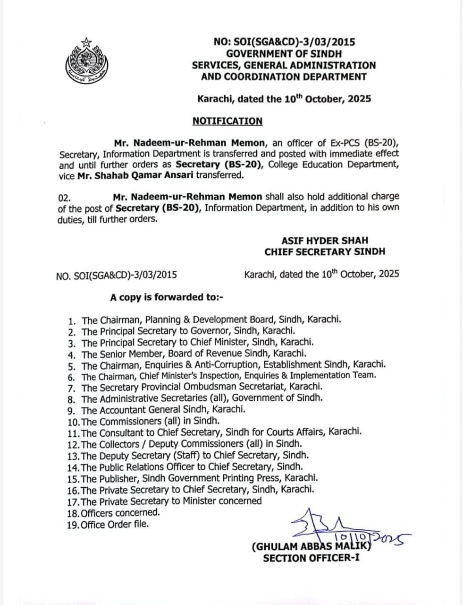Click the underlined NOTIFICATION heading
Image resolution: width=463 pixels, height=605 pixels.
[227, 121]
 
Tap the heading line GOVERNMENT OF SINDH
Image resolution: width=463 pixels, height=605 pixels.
[284, 54]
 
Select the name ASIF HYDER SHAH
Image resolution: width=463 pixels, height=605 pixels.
[325, 241]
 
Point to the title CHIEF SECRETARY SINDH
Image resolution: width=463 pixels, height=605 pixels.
[325, 251]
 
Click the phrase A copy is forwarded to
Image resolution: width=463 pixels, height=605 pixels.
[166, 297]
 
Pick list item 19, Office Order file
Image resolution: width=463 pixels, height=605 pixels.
[108, 524]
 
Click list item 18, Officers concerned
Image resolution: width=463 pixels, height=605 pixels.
[113, 512]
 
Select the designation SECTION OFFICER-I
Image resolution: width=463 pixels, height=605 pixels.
[311, 558]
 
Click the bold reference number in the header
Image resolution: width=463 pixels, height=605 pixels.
[284, 43]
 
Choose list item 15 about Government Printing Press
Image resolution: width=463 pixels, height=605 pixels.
[193, 478]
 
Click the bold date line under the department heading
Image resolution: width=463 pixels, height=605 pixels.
[284, 99]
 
